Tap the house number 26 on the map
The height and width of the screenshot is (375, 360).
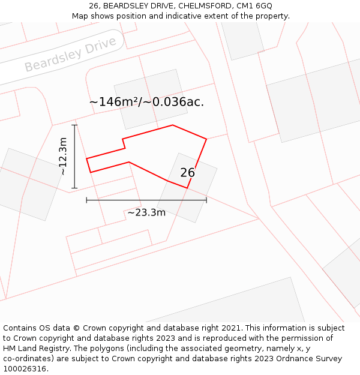pos(187,173)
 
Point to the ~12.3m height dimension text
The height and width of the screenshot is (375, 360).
pos(63,156)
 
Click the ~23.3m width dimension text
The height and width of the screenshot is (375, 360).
pos(146,212)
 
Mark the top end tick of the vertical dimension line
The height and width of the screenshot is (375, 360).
pos(74,125)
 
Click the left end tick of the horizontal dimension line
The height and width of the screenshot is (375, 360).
pos(86,200)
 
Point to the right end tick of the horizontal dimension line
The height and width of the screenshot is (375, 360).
pos(206,200)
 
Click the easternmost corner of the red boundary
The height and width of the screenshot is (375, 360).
pos(206,139)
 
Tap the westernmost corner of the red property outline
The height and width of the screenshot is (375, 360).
pos(86,159)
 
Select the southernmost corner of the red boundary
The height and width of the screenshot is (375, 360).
pos(187,188)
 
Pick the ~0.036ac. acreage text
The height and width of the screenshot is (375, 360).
pos(178,102)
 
